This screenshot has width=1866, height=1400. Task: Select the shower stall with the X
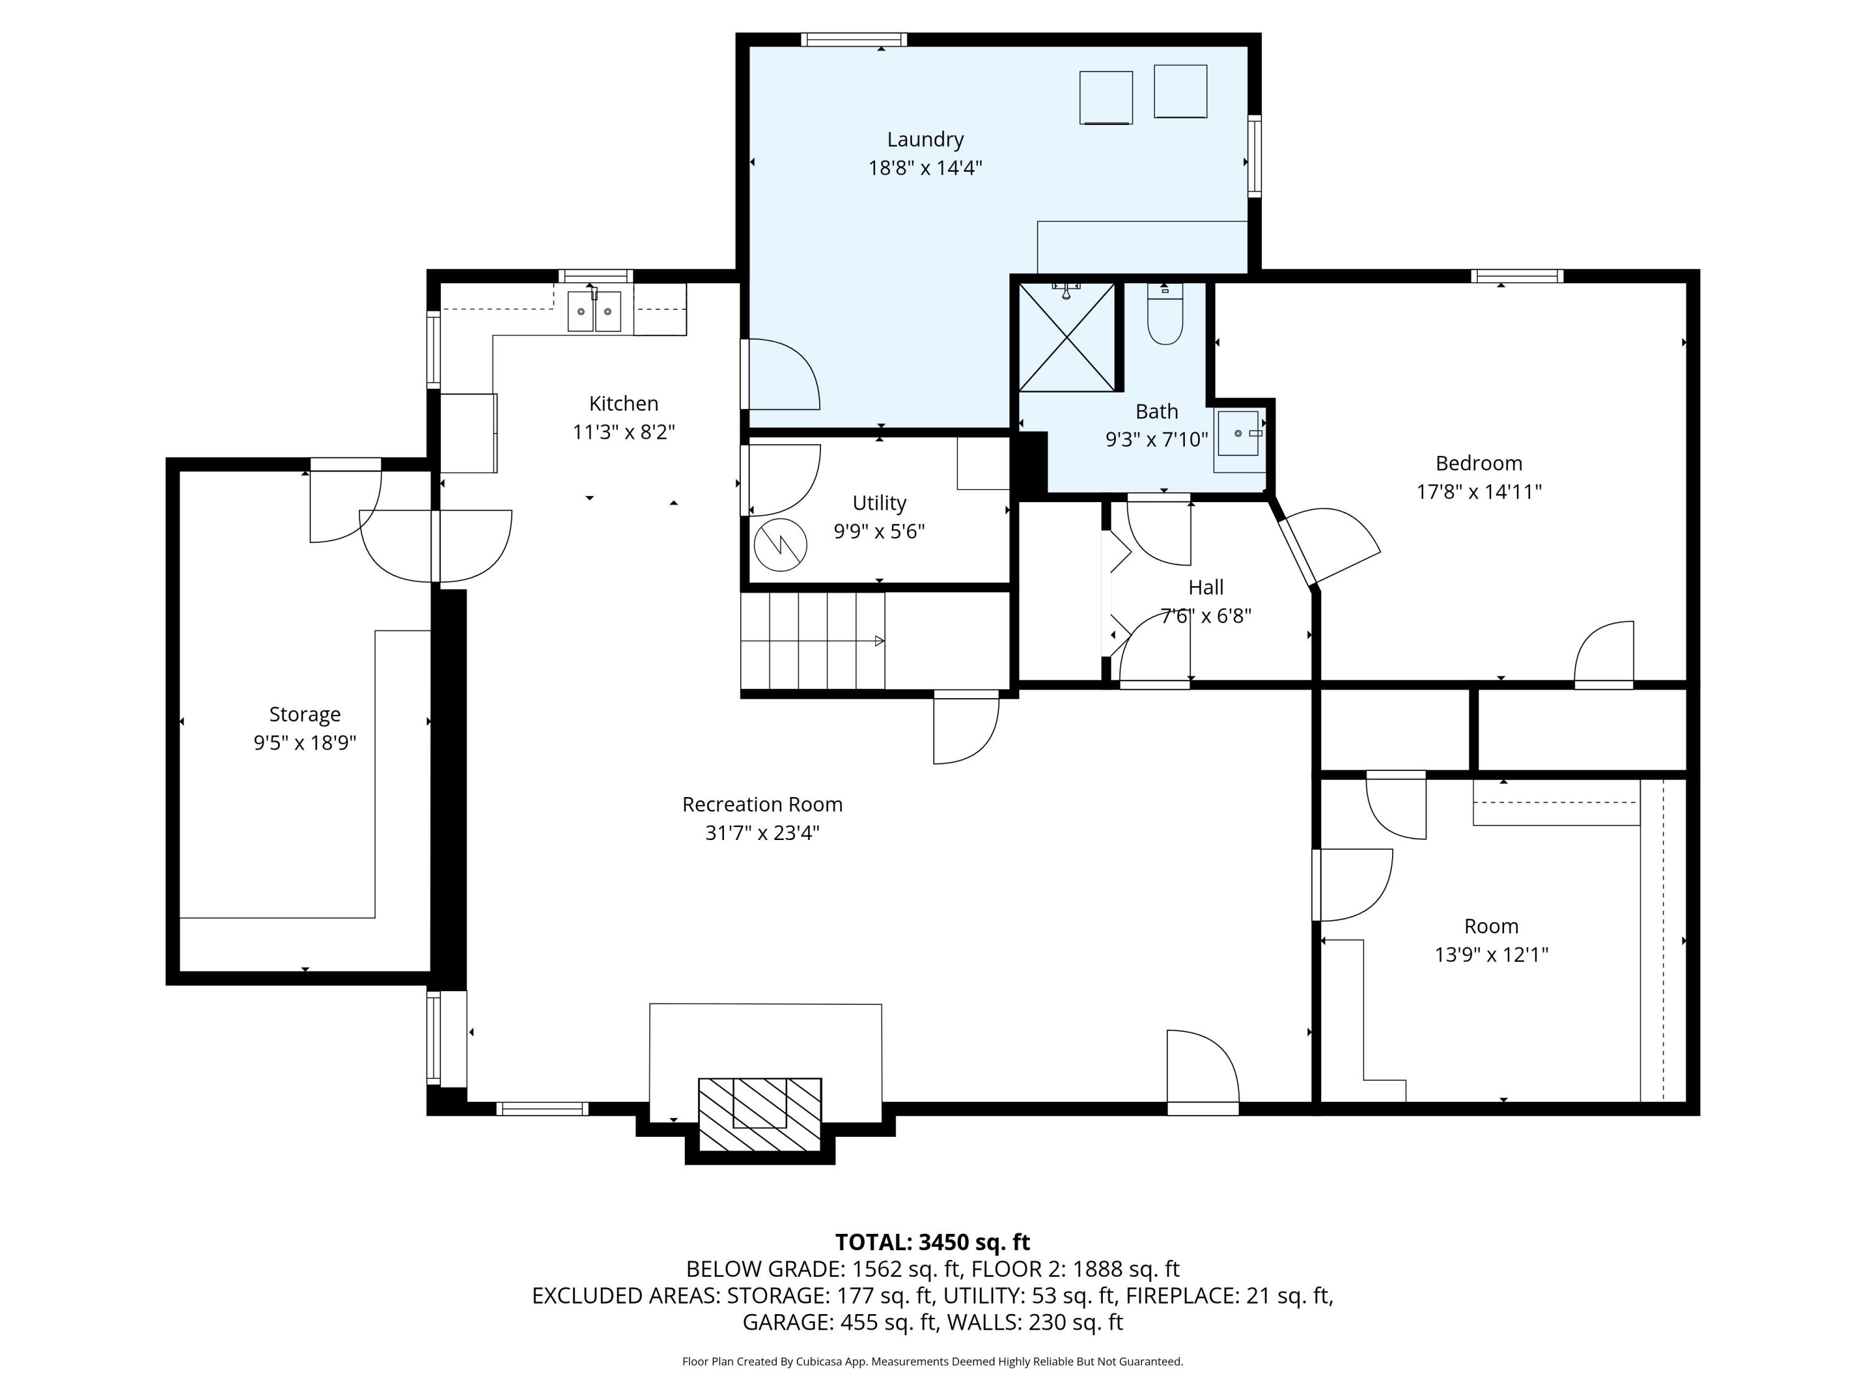tap(1067, 337)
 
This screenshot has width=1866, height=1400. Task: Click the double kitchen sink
tap(594, 311)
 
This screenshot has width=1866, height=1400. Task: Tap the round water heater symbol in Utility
tap(781, 544)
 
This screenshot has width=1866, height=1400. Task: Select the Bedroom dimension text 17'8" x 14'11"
tap(1478, 491)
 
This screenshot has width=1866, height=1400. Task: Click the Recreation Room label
tap(762, 804)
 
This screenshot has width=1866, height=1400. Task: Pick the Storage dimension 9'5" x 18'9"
tap(305, 742)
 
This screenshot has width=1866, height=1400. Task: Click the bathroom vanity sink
tap(1238, 434)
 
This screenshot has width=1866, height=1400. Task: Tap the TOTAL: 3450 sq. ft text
tap(932, 1242)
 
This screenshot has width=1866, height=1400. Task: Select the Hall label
tap(1205, 587)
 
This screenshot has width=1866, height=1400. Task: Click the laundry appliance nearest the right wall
tap(1179, 91)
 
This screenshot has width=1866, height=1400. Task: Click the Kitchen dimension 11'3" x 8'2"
tap(623, 432)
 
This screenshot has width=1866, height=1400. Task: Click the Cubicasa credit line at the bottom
tap(932, 1361)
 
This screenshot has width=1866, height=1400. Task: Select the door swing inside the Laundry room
tap(783, 376)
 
